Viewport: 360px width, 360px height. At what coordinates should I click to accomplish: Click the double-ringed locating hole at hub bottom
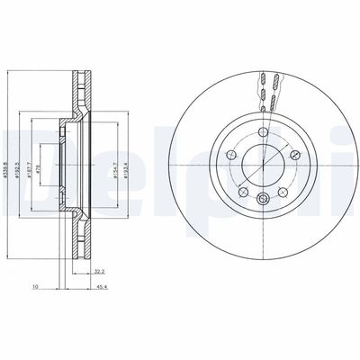coord(262,200)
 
